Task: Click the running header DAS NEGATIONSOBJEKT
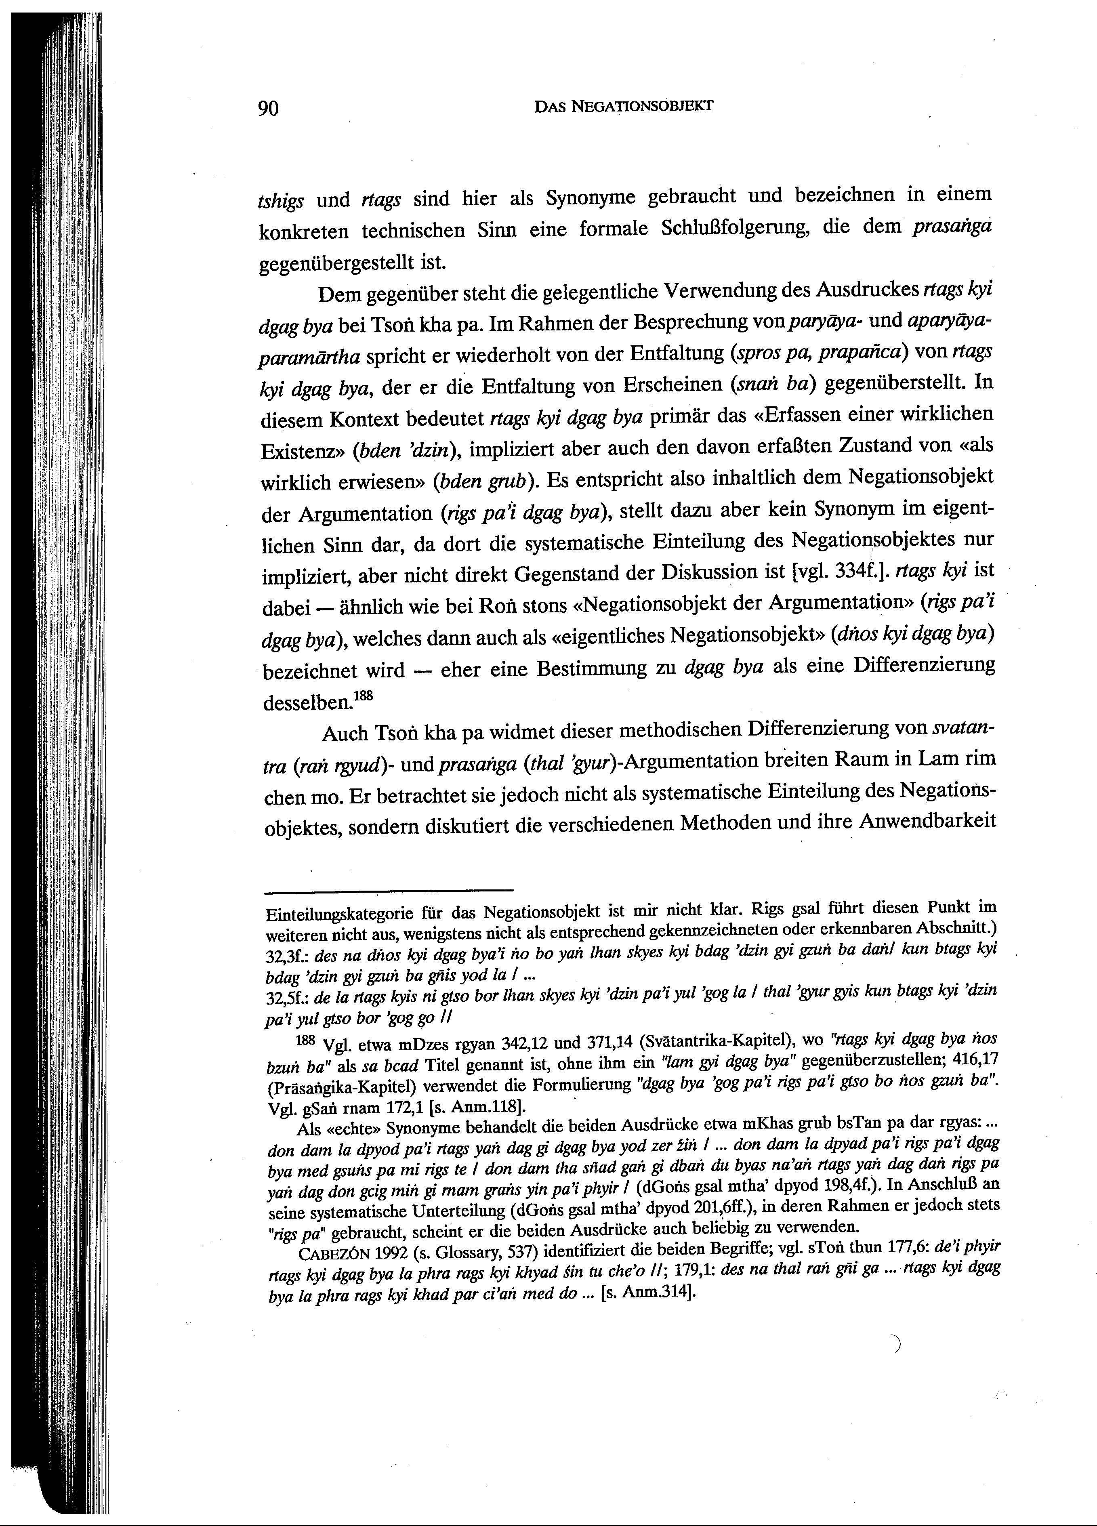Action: click(623, 106)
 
